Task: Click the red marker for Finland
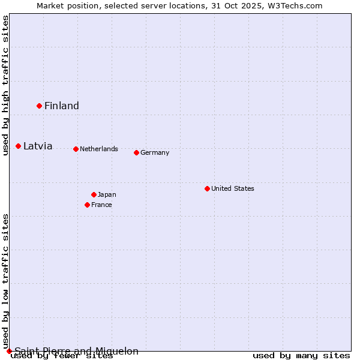click(x=39, y=106)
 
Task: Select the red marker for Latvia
click(x=18, y=146)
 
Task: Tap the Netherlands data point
click(x=76, y=149)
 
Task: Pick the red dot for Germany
click(x=136, y=152)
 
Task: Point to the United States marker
click(x=207, y=188)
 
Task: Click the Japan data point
click(x=94, y=194)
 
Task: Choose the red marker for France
click(x=87, y=205)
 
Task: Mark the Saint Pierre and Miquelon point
click(x=9, y=351)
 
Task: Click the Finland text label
click(x=62, y=106)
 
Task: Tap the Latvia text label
click(x=38, y=146)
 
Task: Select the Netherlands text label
click(x=99, y=149)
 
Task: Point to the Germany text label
click(x=155, y=152)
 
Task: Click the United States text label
click(x=233, y=188)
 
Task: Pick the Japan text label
click(x=107, y=194)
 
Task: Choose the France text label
click(x=101, y=205)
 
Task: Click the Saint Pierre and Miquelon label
click(x=77, y=351)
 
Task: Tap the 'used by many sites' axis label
click(x=301, y=356)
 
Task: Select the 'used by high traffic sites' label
click(x=6, y=85)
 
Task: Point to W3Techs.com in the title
click(x=295, y=5)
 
